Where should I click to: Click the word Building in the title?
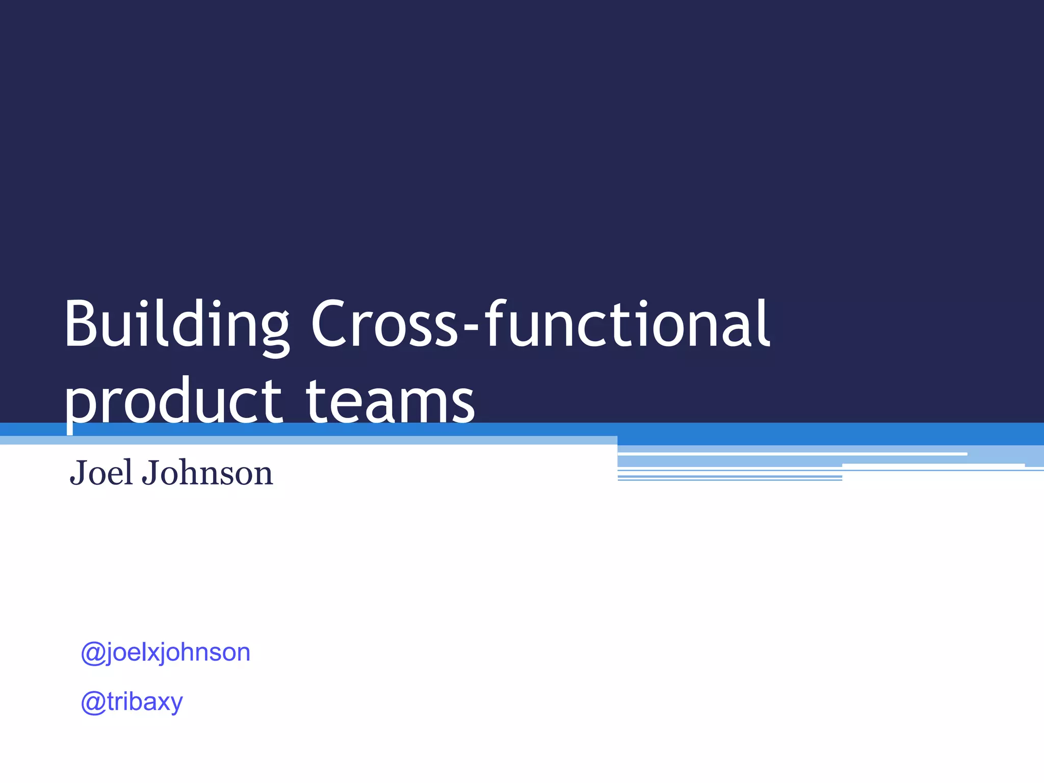[x=176, y=325]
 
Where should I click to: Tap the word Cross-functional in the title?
[x=540, y=325]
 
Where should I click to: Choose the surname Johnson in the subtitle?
[x=207, y=473]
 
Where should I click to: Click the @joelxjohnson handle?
[x=166, y=652]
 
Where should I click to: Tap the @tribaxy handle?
[x=132, y=702]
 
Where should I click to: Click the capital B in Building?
[x=82, y=325]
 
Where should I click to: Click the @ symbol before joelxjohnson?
[x=93, y=653]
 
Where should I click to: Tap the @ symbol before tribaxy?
[x=93, y=702]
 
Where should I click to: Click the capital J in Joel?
[x=79, y=474]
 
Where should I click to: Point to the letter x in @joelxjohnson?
[x=146, y=653]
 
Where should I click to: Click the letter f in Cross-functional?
[x=495, y=324]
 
